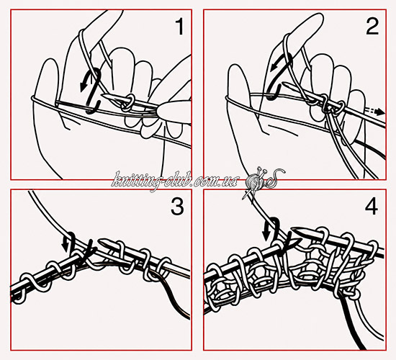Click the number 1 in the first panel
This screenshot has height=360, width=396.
pos(179,27)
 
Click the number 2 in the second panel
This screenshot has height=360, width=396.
pos(372,27)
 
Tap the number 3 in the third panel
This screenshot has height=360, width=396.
pos(178,206)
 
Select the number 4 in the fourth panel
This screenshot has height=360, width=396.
pos(372,206)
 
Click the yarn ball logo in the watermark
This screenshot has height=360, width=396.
pos(255,181)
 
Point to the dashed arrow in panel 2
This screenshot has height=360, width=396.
pos(374,112)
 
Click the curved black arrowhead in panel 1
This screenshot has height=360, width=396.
pos(83,86)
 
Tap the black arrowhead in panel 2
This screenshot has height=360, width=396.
pos(274,68)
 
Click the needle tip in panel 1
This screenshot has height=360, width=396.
pos(102,94)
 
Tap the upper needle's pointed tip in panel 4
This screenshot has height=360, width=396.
pos(293,230)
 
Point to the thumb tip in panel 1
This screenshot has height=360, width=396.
pos(50,64)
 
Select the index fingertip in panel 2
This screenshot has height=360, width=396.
pos(315,18)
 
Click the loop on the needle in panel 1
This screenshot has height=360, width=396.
pos(128,103)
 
